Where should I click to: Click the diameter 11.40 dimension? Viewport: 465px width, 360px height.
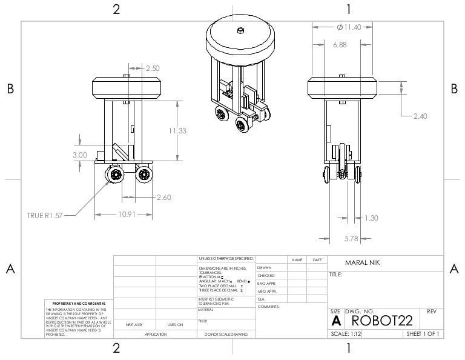pyautogui.click(x=348, y=27)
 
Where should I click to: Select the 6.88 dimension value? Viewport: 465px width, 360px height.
pyautogui.click(x=340, y=45)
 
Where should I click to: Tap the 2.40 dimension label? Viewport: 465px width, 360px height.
pyautogui.click(x=420, y=116)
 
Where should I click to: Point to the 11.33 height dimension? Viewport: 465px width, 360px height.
pyautogui.click(x=177, y=131)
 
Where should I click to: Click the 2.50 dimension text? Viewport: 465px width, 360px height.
pyautogui.click(x=153, y=68)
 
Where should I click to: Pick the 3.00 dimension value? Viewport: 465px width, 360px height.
pyautogui.click(x=80, y=155)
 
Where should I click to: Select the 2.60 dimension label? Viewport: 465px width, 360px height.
pyautogui.click(x=163, y=197)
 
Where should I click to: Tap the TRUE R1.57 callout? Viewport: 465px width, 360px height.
pyautogui.click(x=44, y=215)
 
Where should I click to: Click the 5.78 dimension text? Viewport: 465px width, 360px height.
pyautogui.click(x=352, y=238)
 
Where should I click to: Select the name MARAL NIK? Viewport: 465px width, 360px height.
pyautogui.click(x=362, y=264)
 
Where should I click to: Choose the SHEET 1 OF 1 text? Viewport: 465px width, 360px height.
pyautogui.click(x=423, y=333)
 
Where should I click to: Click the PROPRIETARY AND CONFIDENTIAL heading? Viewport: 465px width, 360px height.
pyautogui.click(x=79, y=303)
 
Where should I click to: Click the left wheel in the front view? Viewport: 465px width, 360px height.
pyautogui.click(x=114, y=175)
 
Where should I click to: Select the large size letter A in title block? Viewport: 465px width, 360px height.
pyautogui.click(x=335, y=320)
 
